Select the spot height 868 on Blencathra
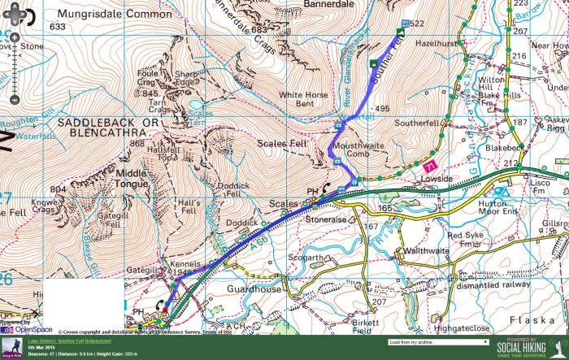click(136, 144)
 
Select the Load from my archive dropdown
click(438, 343)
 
